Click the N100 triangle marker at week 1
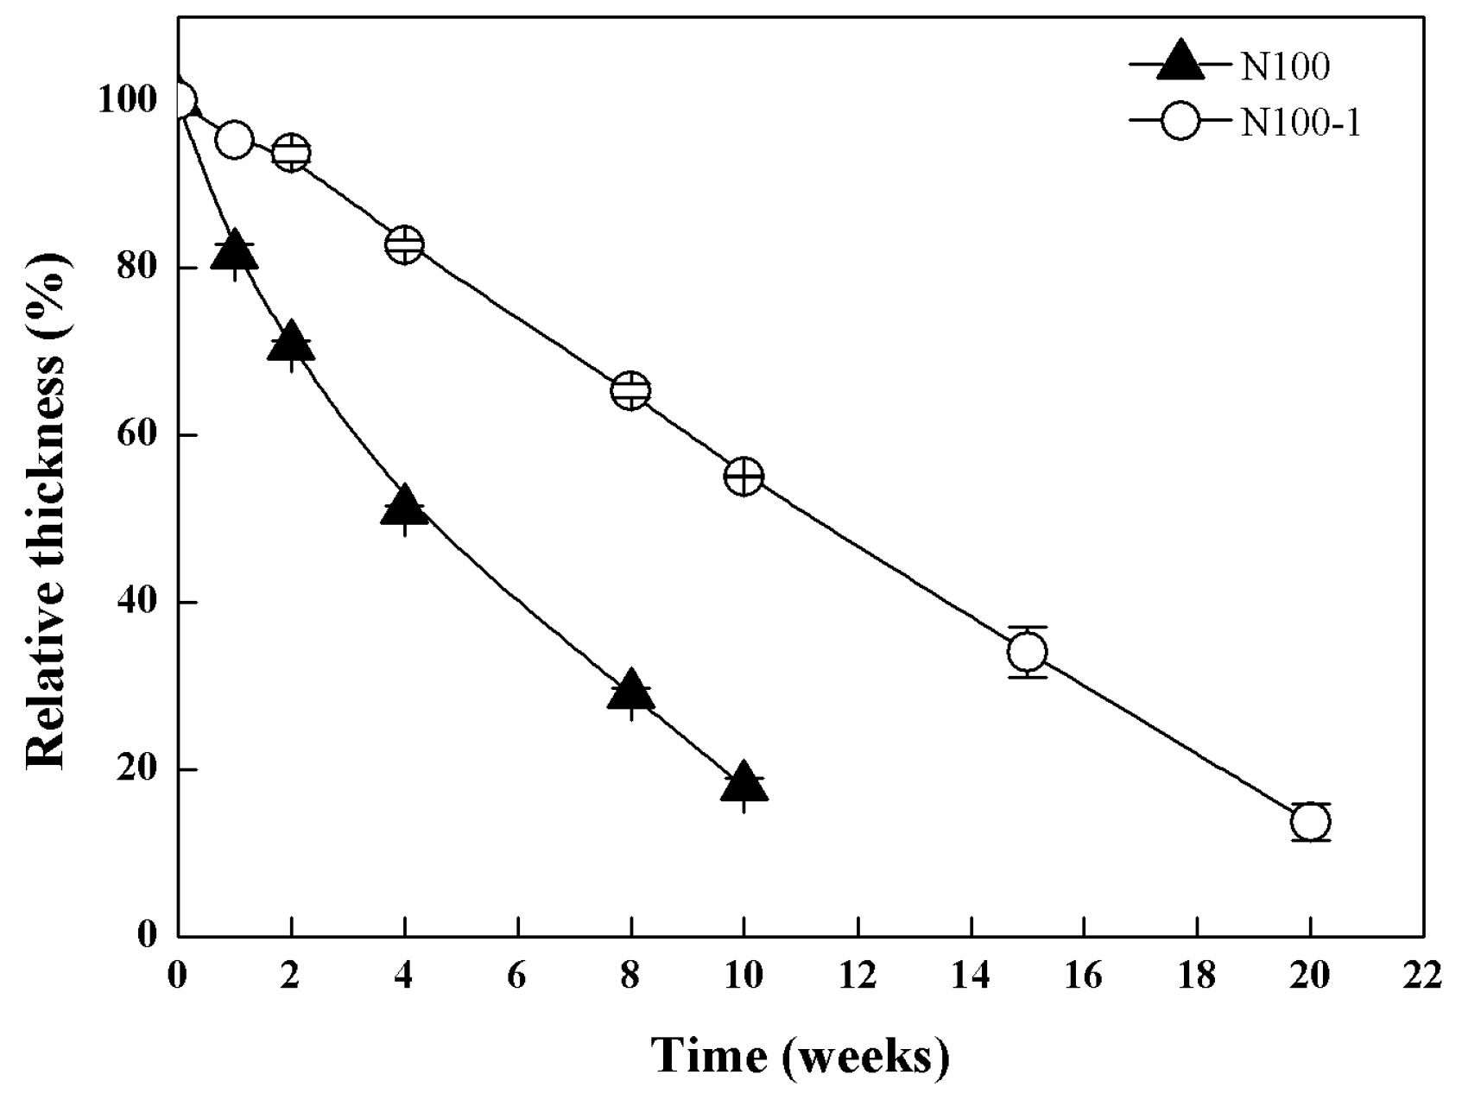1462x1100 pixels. tap(234, 252)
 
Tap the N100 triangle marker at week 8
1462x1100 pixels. tap(630, 691)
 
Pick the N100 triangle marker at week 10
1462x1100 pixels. tap(744, 783)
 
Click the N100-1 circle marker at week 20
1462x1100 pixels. tap(1310, 821)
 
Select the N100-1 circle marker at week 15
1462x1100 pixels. tap(1027, 651)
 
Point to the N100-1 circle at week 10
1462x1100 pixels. tap(744, 476)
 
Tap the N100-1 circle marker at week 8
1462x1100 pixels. tap(630, 390)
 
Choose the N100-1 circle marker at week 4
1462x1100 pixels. tap(404, 244)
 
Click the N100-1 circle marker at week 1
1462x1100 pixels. tap(234, 140)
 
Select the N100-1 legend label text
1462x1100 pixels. tap(1301, 123)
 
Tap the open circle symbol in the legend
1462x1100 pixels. tap(1180, 123)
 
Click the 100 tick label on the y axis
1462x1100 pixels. tap(129, 100)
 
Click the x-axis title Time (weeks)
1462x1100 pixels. tap(800, 1055)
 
